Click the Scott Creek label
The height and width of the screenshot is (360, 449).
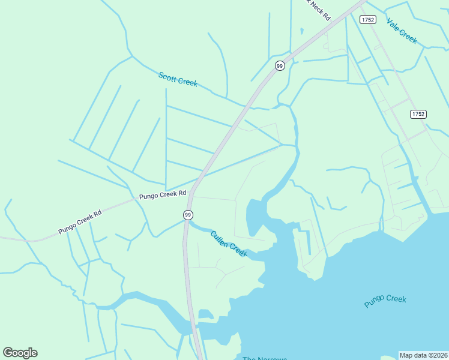178,79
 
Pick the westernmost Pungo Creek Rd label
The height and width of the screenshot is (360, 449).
80,221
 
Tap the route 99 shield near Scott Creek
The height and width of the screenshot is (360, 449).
280,65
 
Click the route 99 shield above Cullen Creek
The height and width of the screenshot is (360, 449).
188,214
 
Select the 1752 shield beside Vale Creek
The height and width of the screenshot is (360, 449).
368,20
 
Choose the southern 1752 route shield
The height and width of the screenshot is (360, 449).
418,113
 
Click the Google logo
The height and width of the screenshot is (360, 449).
20,353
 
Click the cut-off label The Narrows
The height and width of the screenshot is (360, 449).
264,358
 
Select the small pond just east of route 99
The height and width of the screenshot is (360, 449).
205,314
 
